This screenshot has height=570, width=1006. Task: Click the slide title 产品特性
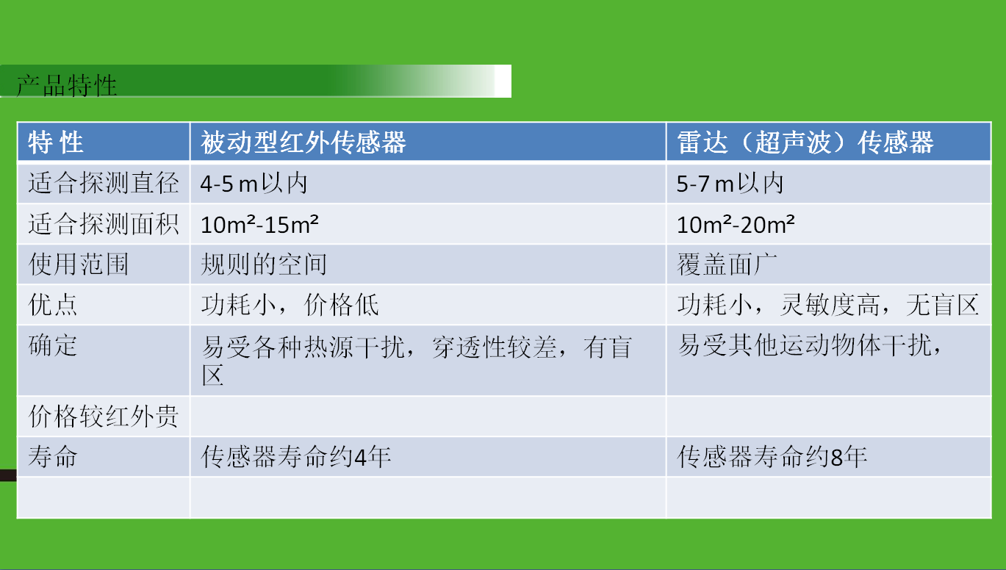tap(66, 86)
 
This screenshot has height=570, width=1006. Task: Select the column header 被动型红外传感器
tap(303, 142)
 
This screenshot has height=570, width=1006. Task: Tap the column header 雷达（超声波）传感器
tap(805, 142)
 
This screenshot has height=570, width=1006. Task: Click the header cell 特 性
tap(56, 142)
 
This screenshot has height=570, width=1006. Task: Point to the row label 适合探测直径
tap(104, 183)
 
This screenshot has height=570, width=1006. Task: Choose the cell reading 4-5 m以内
tap(254, 184)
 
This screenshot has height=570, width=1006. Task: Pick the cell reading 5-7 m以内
tap(730, 184)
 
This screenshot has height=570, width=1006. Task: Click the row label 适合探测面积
tap(104, 224)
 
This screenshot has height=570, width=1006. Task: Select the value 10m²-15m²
tap(259, 224)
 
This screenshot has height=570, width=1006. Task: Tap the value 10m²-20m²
tap(736, 224)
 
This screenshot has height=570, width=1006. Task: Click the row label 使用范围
tap(79, 264)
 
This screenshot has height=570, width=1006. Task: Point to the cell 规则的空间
tap(264, 264)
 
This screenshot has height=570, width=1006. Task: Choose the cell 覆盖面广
tap(727, 264)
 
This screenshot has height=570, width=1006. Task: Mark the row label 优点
tap(53, 305)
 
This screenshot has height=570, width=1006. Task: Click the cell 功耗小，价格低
tap(290, 305)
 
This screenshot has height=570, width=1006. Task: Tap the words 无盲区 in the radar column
tap(942, 305)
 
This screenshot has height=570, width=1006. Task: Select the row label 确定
tap(53, 345)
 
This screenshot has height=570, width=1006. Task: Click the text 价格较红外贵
tap(104, 416)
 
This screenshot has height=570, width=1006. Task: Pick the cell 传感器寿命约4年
tap(295, 456)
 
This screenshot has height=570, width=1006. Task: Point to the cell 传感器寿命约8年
tap(772, 456)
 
